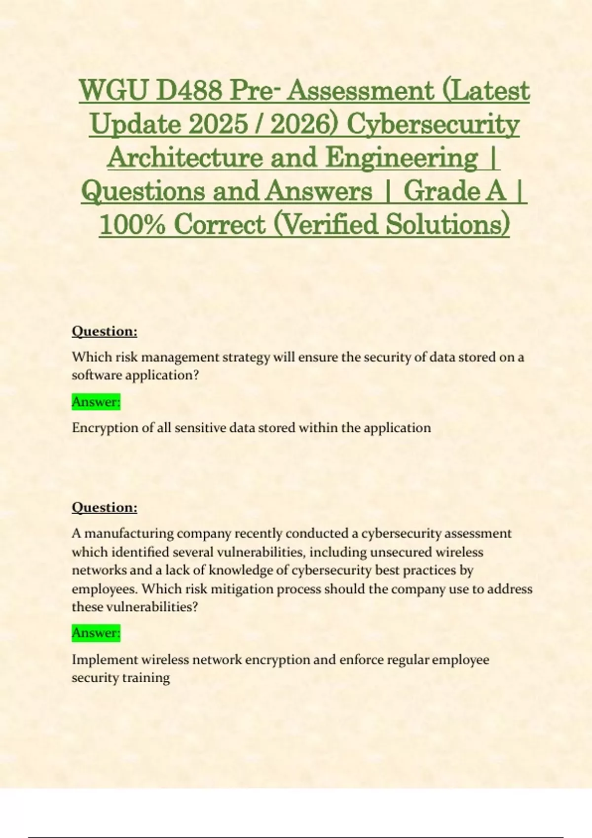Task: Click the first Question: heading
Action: [x=105, y=331]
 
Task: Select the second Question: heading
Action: [x=105, y=507]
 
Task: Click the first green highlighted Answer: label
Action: [x=96, y=402]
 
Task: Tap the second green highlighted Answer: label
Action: [x=96, y=632]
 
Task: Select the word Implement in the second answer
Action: [x=105, y=660]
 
